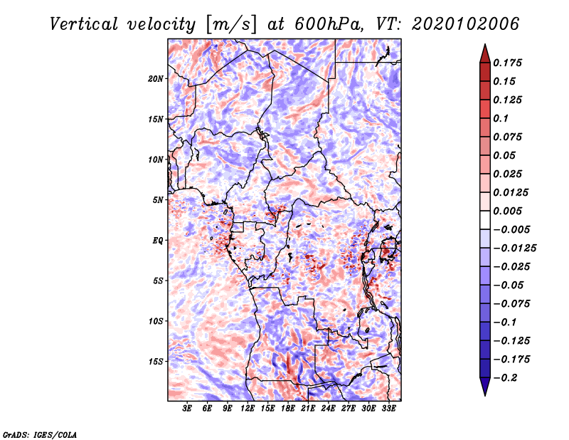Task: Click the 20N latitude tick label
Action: [x=156, y=79]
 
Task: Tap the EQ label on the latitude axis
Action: [x=158, y=241]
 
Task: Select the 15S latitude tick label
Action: [x=156, y=362]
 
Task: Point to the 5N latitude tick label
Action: [x=158, y=200]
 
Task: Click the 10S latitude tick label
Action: [x=156, y=321]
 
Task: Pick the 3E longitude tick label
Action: [x=187, y=409]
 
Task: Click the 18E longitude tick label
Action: [x=288, y=409]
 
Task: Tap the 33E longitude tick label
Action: [x=388, y=409]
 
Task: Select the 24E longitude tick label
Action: [x=328, y=409]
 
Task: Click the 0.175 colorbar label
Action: [x=507, y=63]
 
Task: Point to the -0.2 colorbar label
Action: [x=505, y=378]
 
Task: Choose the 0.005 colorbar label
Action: [x=507, y=211]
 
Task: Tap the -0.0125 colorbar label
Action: [x=514, y=248]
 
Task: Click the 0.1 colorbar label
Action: [x=501, y=118]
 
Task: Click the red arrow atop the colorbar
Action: [x=485, y=54]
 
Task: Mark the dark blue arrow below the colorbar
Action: [x=485, y=386]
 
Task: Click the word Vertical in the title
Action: [x=84, y=24]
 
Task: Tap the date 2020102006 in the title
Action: [x=466, y=24]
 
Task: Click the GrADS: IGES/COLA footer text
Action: [x=40, y=435]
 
